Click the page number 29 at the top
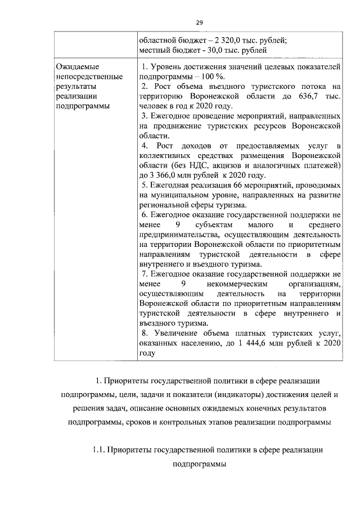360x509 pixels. coord(199,22)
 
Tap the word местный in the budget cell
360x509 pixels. coord(154,50)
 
